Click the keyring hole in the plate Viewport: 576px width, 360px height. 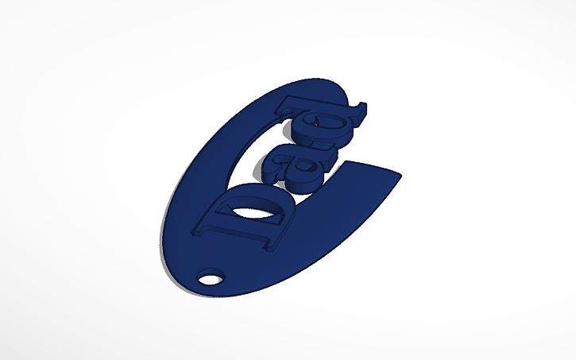[210, 279]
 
